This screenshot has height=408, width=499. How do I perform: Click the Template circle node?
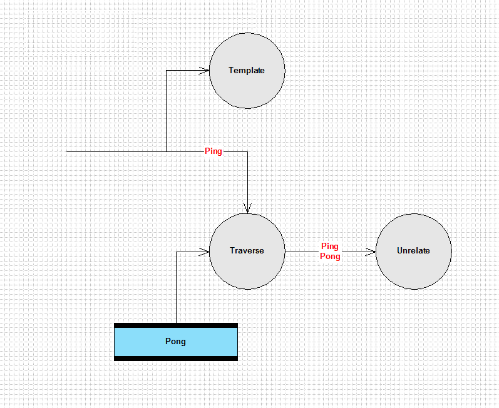click(x=247, y=71)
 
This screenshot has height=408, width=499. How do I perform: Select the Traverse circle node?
click(x=247, y=251)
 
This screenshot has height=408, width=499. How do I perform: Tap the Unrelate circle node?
click(x=413, y=251)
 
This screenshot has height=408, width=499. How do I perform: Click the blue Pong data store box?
click(x=176, y=342)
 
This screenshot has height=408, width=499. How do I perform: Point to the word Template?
click(x=247, y=70)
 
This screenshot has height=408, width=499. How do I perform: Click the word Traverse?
click(x=247, y=250)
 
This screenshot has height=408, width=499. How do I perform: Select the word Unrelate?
click(x=413, y=250)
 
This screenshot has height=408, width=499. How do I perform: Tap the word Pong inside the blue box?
click(x=175, y=342)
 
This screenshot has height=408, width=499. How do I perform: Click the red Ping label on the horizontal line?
click(x=213, y=151)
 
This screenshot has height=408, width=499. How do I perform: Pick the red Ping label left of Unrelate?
click(x=330, y=246)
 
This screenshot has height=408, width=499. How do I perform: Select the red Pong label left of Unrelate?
click(x=330, y=257)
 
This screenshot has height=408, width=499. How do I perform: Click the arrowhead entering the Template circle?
click(x=204, y=71)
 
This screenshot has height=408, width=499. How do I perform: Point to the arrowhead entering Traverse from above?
click(x=247, y=208)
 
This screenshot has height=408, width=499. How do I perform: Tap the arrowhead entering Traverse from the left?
click(x=204, y=252)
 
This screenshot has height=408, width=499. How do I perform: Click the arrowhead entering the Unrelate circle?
click(x=371, y=252)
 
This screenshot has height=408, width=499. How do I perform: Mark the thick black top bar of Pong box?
click(x=176, y=325)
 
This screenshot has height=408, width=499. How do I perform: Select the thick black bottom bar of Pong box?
click(x=176, y=359)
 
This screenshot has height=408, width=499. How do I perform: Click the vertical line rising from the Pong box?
click(x=177, y=287)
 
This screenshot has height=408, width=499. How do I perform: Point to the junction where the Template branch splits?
click(x=167, y=151)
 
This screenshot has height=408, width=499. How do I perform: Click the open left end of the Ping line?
click(x=67, y=151)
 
